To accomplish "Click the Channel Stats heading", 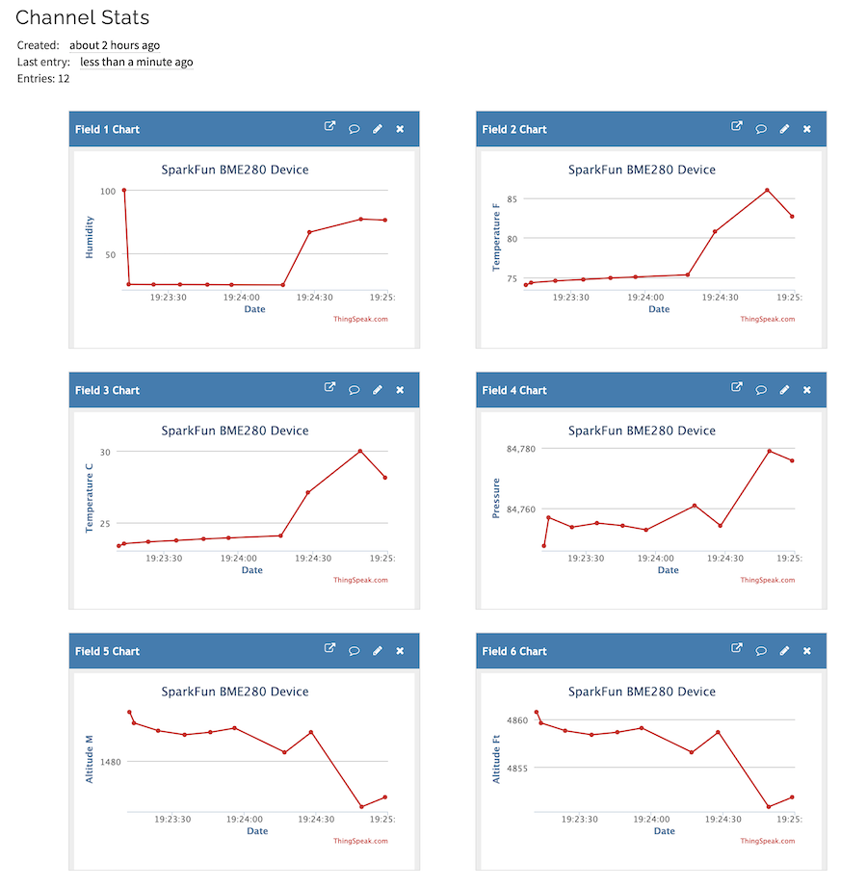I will tap(83, 17).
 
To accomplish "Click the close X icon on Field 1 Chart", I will tap(400, 129).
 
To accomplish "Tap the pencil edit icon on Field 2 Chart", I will tap(784, 129).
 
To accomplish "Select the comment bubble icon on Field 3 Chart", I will tap(355, 390).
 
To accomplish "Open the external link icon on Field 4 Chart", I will tap(737, 387).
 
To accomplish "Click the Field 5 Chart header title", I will tap(107, 651).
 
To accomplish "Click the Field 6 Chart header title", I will tap(514, 651).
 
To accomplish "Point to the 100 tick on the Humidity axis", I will tap(107, 191).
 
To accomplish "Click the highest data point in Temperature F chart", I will tap(767, 190).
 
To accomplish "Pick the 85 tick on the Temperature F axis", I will tap(512, 199).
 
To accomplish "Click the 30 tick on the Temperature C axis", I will tap(105, 452).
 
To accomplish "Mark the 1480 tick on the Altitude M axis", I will tap(108, 762).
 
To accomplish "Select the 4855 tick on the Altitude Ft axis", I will tap(516, 769).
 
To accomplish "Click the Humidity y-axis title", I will tap(90, 237).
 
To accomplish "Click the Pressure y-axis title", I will tap(497, 498).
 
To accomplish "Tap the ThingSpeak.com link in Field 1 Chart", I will tap(360, 319).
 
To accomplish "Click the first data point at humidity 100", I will tap(124, 191).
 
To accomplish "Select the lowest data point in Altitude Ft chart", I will tap(768, 807).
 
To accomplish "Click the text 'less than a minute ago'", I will tap(136, 62).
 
